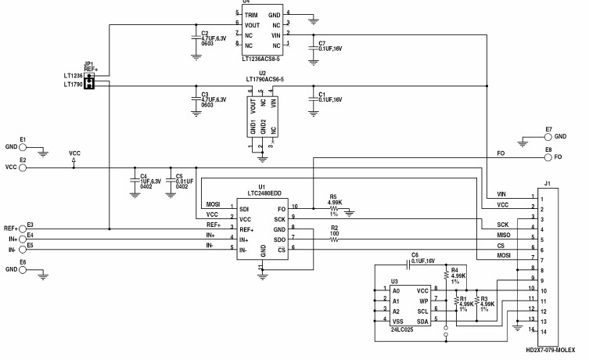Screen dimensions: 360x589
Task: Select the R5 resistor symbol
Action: pyautogui.click(x=334, y=210)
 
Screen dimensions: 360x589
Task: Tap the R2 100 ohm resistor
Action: pyautogui.click(x=334, y=239)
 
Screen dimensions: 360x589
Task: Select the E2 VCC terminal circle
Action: pyautogui.click(x=23, y=167)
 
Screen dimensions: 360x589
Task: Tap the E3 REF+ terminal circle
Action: pyautogui.click(x=23, y=229)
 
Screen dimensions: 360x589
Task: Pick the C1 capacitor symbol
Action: pyautogui.click(x=314, y=98)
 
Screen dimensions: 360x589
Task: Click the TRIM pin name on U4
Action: pyautogui.click(x=251, y=14)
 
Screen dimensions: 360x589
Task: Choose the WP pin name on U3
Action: pyautogui.click(x=422, y=300)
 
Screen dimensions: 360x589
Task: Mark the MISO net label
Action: pyautogui.click(x=504, y=235)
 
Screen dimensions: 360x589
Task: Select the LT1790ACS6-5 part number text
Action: pyautogui.click(x=263, y=80)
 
